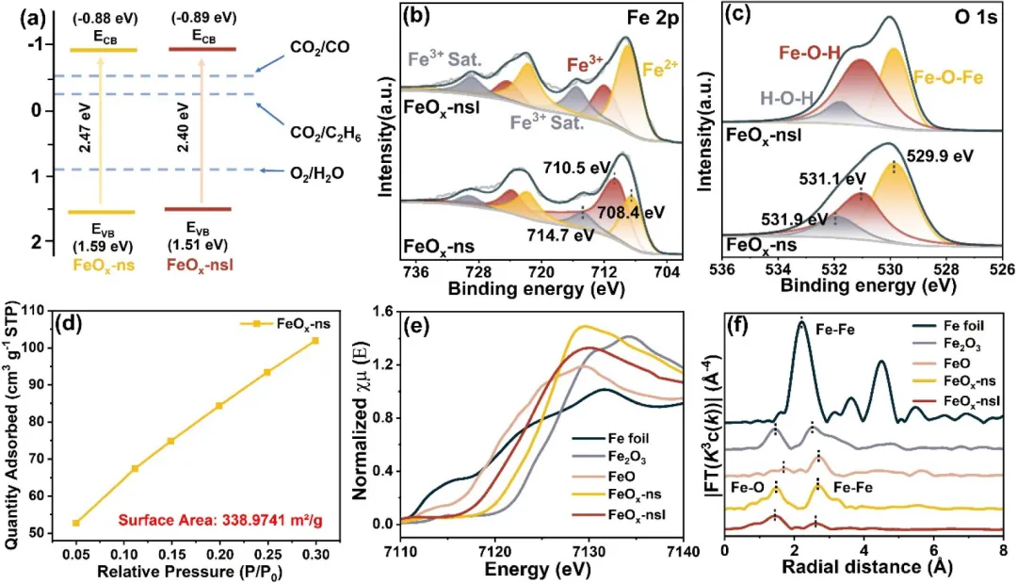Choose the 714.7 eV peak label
coord(561,234)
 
